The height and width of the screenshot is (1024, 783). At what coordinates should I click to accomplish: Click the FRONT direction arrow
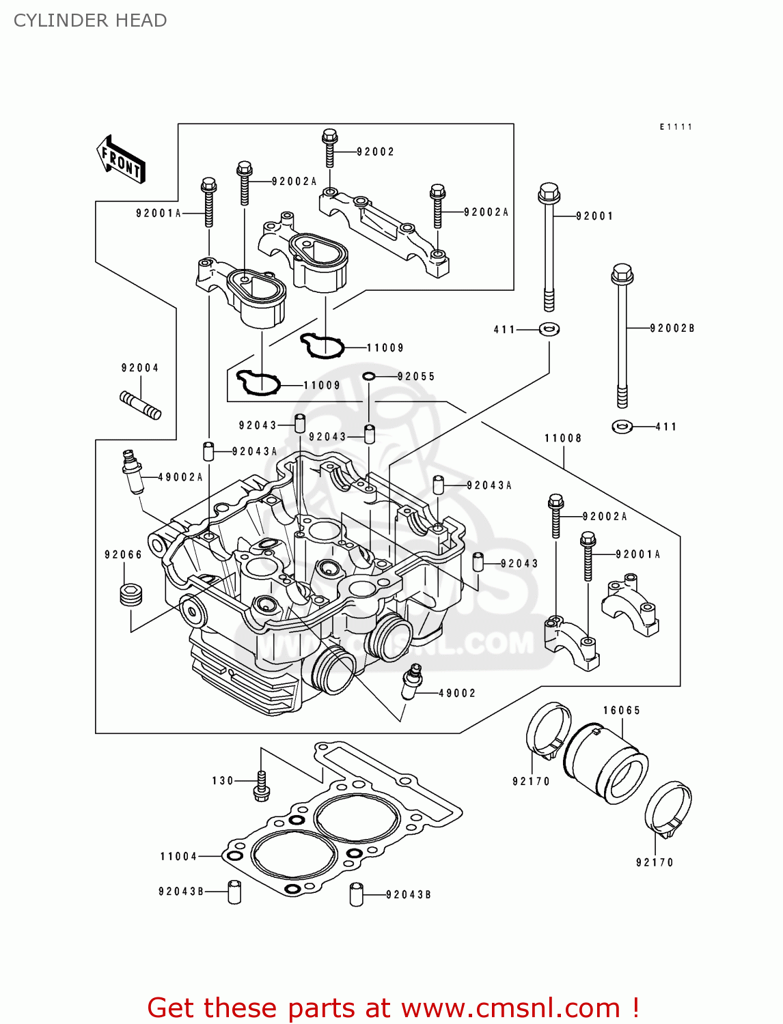pyautogui.click(x=121, y=160)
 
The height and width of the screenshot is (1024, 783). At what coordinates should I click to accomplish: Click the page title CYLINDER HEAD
pyautogui.click(x=90, y=20)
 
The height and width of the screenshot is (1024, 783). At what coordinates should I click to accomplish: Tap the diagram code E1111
pyautogui.click(x=676, y=127)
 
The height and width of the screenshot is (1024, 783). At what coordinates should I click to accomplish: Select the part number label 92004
pyautogui.click(x=140, y=368)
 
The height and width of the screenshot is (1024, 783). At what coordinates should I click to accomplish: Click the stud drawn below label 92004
pyautogui.click(x=141, y=405)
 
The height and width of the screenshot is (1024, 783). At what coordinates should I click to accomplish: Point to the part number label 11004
pyautogui.click(x=178, y=856)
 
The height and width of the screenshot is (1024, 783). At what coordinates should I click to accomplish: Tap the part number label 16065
pyautogui.click(x=622, y=711)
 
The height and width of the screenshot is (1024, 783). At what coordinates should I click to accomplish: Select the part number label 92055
pyautogui.click(x=416, y=376)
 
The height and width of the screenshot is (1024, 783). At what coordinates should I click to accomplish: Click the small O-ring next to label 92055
pyautogui.click(x=369, y=376)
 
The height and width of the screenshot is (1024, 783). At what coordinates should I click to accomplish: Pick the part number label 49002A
pyautogui.click(x=180, y=477)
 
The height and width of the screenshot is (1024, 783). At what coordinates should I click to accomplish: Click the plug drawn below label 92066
pyautogui.click(x=130, y=595)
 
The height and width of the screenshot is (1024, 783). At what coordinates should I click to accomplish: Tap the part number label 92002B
pyautogui.click(x=672, y=328)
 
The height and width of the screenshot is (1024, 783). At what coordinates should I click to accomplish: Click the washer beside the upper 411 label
pyautogui.click(x=549, y=329)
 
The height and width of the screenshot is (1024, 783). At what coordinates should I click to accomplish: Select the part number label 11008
pyautogui.click(x=563, y=438)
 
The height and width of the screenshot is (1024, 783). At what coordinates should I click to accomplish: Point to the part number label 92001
pyautogui.click(x=594, y=216)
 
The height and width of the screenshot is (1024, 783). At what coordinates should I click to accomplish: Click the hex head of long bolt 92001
pyautogui.click(x=549, y=194)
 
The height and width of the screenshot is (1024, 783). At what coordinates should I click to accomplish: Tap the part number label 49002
pyautogui.click(x=457, y=693)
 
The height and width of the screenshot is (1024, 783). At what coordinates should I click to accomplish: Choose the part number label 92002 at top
pyautogui.click(x=376, y=152)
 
